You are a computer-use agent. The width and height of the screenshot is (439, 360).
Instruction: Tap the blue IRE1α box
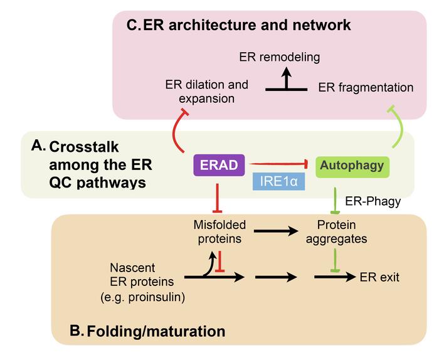(x=275, y=183)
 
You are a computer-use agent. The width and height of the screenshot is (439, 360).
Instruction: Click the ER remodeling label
(x=279, y=58)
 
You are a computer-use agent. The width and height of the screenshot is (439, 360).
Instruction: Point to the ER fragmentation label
(x=366, y=88)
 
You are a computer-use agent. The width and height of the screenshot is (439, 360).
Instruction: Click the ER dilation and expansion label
(x=206, y=92)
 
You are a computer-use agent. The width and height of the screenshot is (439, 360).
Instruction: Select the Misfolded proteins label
(x=219, y=231)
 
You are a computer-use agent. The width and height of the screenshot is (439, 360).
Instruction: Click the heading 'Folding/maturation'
(x=147, y=329)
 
